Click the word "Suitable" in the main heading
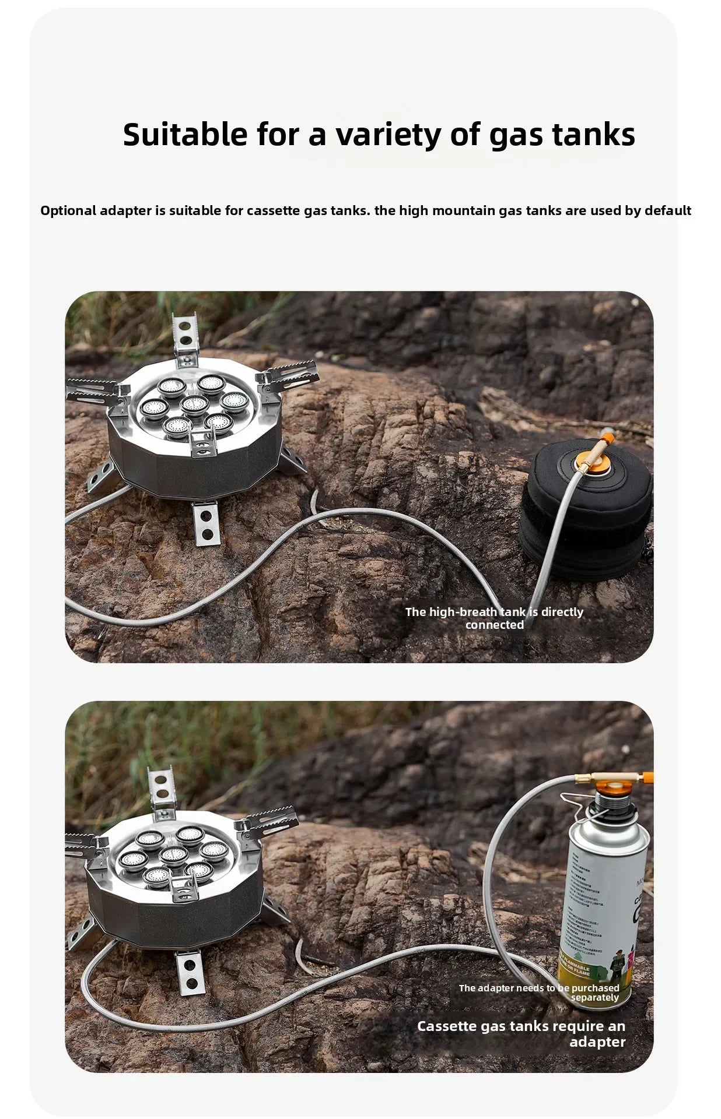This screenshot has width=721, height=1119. [185, 135]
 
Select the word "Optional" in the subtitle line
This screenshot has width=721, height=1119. [68, 210]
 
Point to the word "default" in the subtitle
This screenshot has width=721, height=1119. [667, 210]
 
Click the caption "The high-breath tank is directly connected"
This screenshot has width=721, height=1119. [494, 618]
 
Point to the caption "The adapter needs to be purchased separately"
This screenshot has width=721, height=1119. [538, 993]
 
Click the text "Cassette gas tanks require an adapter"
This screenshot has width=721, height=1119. [520, 1033]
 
